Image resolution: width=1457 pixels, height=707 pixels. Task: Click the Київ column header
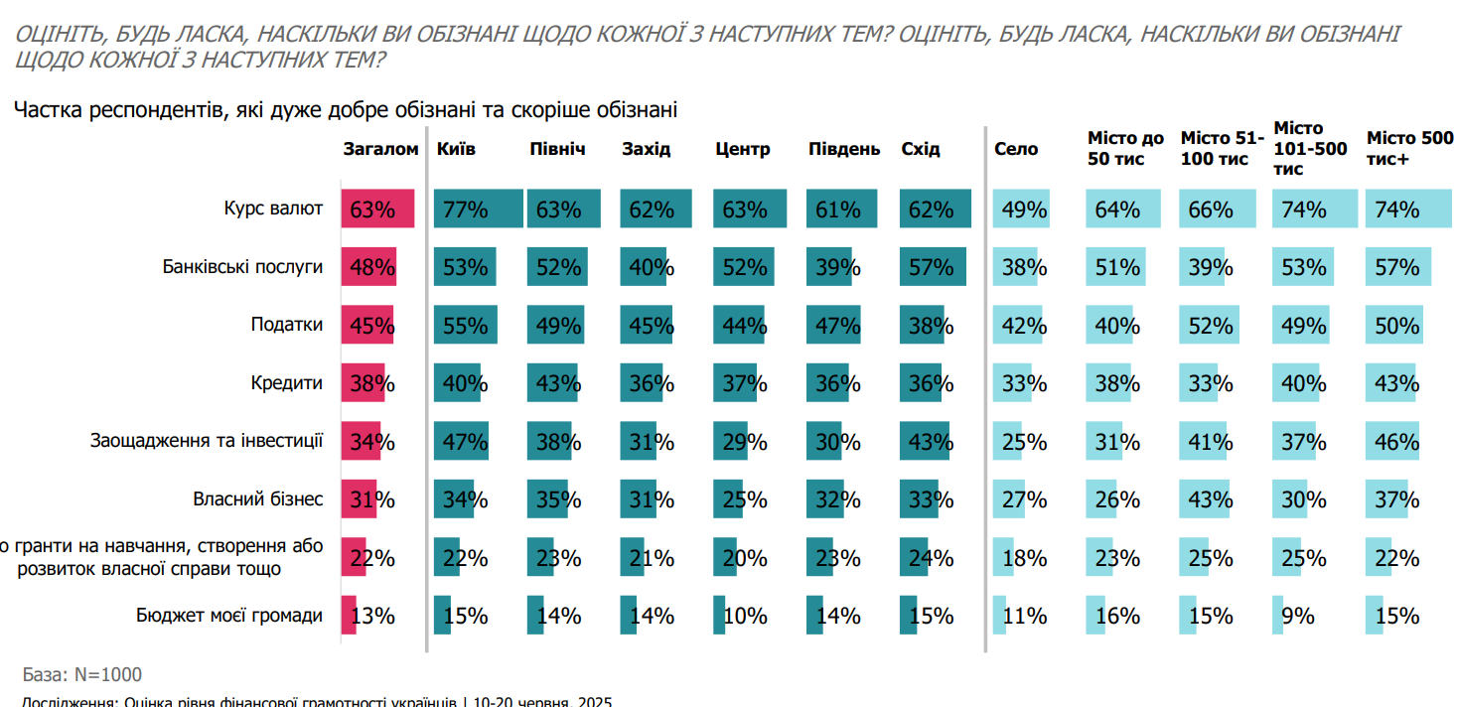pos(456,150)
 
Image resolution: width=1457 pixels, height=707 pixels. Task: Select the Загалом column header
pos(380,150)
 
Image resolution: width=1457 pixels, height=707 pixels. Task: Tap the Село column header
pos(1016,150)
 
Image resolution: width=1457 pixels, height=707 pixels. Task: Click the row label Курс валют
pos(273,210)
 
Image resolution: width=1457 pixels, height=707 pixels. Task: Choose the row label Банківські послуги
pos(242,267)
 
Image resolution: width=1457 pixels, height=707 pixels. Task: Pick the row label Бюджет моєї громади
pos(229,616)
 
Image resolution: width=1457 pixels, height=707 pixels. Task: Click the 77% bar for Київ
pos(478,210)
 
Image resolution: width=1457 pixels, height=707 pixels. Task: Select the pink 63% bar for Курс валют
pos(376,210)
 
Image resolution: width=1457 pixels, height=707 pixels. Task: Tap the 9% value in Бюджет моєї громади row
pos(1297,616)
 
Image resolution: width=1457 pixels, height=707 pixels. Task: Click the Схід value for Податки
pos(931,326)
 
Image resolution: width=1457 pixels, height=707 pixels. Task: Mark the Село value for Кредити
pos(1024,383)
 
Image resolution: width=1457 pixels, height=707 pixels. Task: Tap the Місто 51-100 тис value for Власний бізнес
pos(1210,499)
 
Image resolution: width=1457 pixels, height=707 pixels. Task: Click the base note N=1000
pos(81,675)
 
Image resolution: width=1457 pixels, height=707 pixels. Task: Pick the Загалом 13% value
pos(372,616)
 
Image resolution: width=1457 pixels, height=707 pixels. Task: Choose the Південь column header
pos(843,150)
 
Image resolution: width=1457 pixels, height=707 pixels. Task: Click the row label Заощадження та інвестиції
pos(206,442)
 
